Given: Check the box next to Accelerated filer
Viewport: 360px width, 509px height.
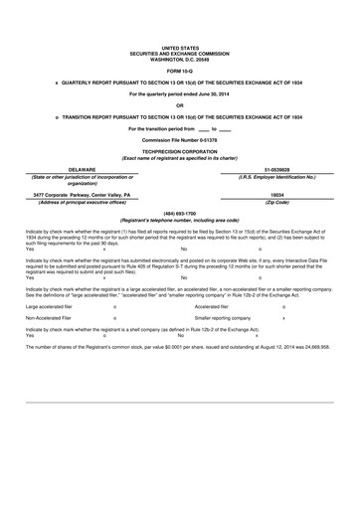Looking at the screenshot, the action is pyautogui.click(x=284, y=307).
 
